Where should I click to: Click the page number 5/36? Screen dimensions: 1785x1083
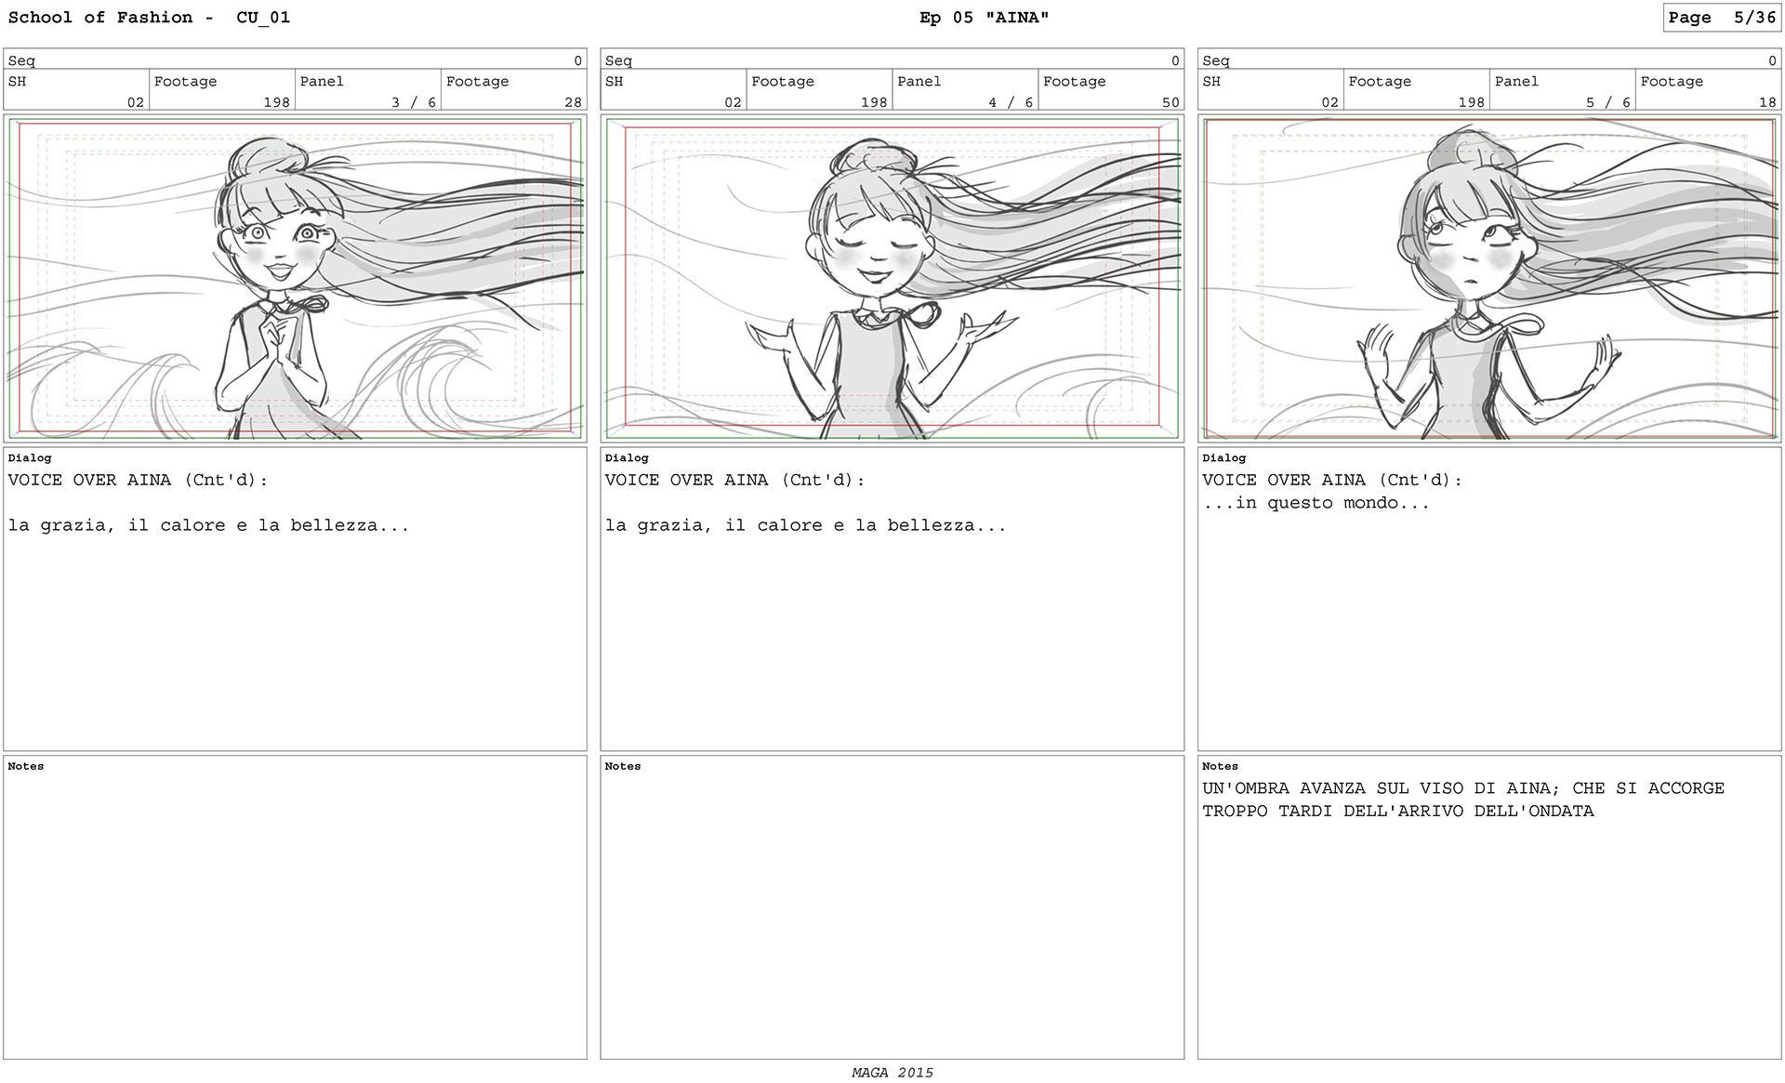1754,18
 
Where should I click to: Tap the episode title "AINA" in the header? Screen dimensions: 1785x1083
1017,18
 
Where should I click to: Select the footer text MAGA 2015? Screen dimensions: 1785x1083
892,1072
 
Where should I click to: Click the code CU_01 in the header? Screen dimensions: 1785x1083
263,18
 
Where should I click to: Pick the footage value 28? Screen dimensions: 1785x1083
573,102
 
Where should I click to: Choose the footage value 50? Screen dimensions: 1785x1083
1170,102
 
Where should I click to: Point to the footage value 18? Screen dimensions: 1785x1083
1767,102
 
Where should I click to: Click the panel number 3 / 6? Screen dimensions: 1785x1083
414,102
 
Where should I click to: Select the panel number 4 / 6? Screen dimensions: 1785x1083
1011,102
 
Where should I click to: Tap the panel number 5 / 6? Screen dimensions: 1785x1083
1608,102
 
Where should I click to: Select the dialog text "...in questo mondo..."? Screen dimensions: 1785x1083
1316,503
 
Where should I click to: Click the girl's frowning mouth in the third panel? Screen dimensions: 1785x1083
1468,283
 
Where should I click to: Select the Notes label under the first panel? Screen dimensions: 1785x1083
26,766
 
